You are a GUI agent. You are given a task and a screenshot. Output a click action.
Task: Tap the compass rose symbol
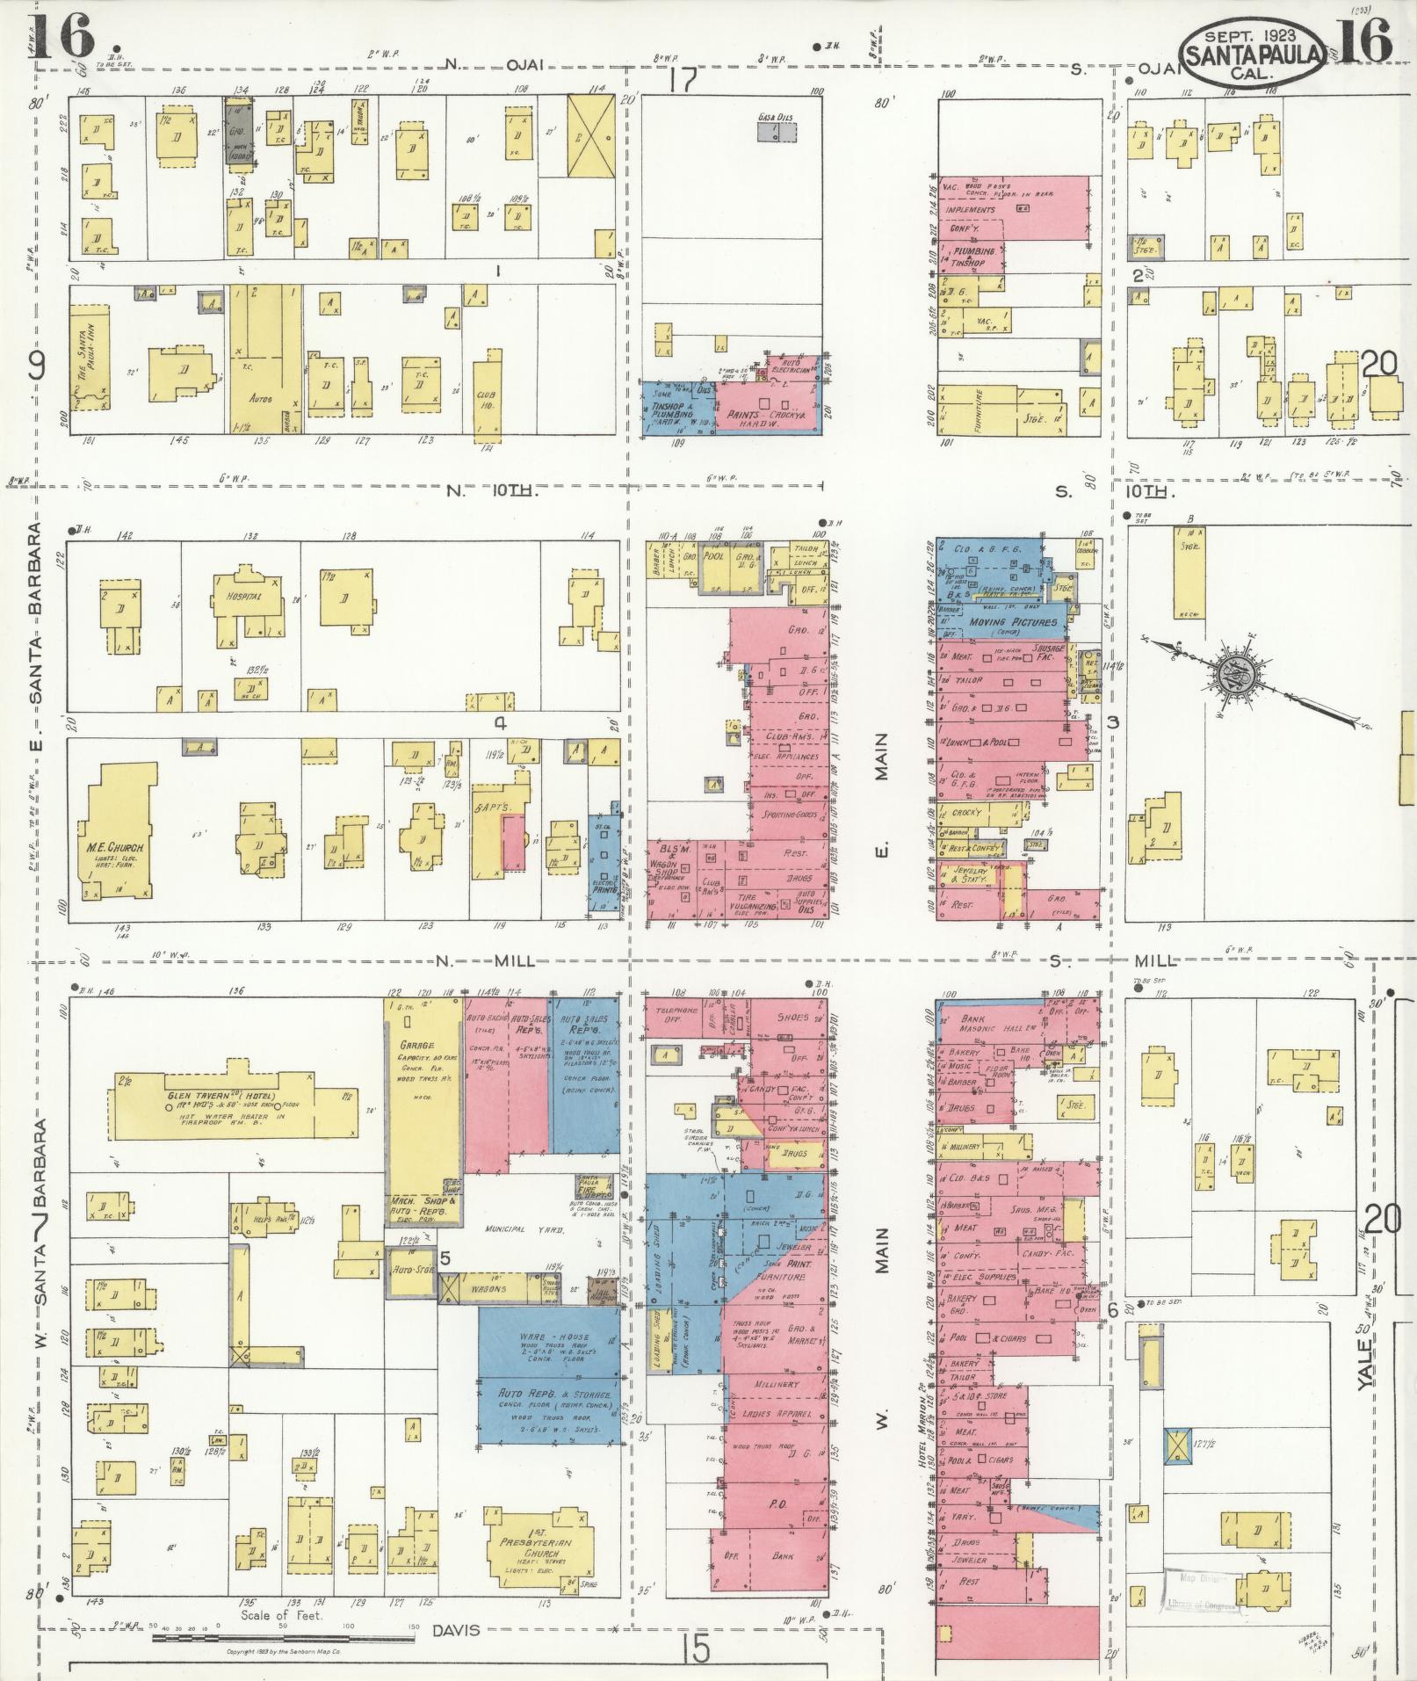[1230, 675]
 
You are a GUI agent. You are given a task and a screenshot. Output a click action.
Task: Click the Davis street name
[456, 1631]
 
